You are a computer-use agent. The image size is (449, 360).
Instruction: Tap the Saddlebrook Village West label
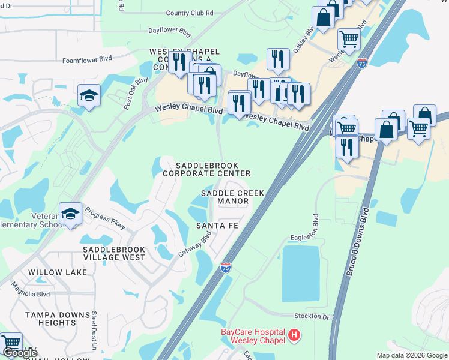(114, 253)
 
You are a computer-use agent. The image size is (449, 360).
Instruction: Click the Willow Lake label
(53, 272)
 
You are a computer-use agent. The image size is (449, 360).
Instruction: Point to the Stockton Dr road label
(312, 316)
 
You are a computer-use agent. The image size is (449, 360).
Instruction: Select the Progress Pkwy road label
(105, 218)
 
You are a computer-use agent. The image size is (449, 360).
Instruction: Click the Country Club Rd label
(190, 13)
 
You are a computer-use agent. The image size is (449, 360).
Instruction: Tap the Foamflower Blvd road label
(88, 59)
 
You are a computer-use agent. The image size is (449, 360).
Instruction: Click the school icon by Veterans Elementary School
(70, 214)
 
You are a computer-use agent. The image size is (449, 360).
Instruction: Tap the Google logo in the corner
(20, 353)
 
